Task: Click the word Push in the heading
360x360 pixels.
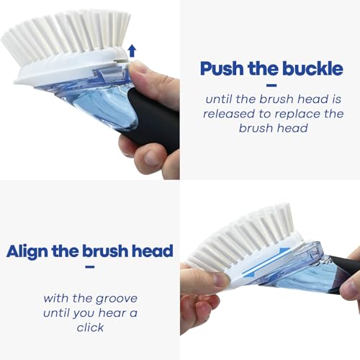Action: (222, 68)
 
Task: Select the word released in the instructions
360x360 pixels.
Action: (229, 114)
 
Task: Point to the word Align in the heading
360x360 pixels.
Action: (27, 252)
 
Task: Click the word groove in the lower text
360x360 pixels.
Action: (117, 300)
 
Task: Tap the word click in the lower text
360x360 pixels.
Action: (90, 328)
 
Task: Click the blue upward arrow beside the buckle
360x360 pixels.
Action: (132, 50)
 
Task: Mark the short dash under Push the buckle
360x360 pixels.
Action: (271, 85)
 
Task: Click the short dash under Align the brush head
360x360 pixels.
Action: (90, 267)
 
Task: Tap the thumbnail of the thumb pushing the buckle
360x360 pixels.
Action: (138, 69)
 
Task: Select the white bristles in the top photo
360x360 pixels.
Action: (67, 36)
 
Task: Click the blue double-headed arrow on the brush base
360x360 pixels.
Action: (266, 262)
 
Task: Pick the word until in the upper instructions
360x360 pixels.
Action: (219, 99)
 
